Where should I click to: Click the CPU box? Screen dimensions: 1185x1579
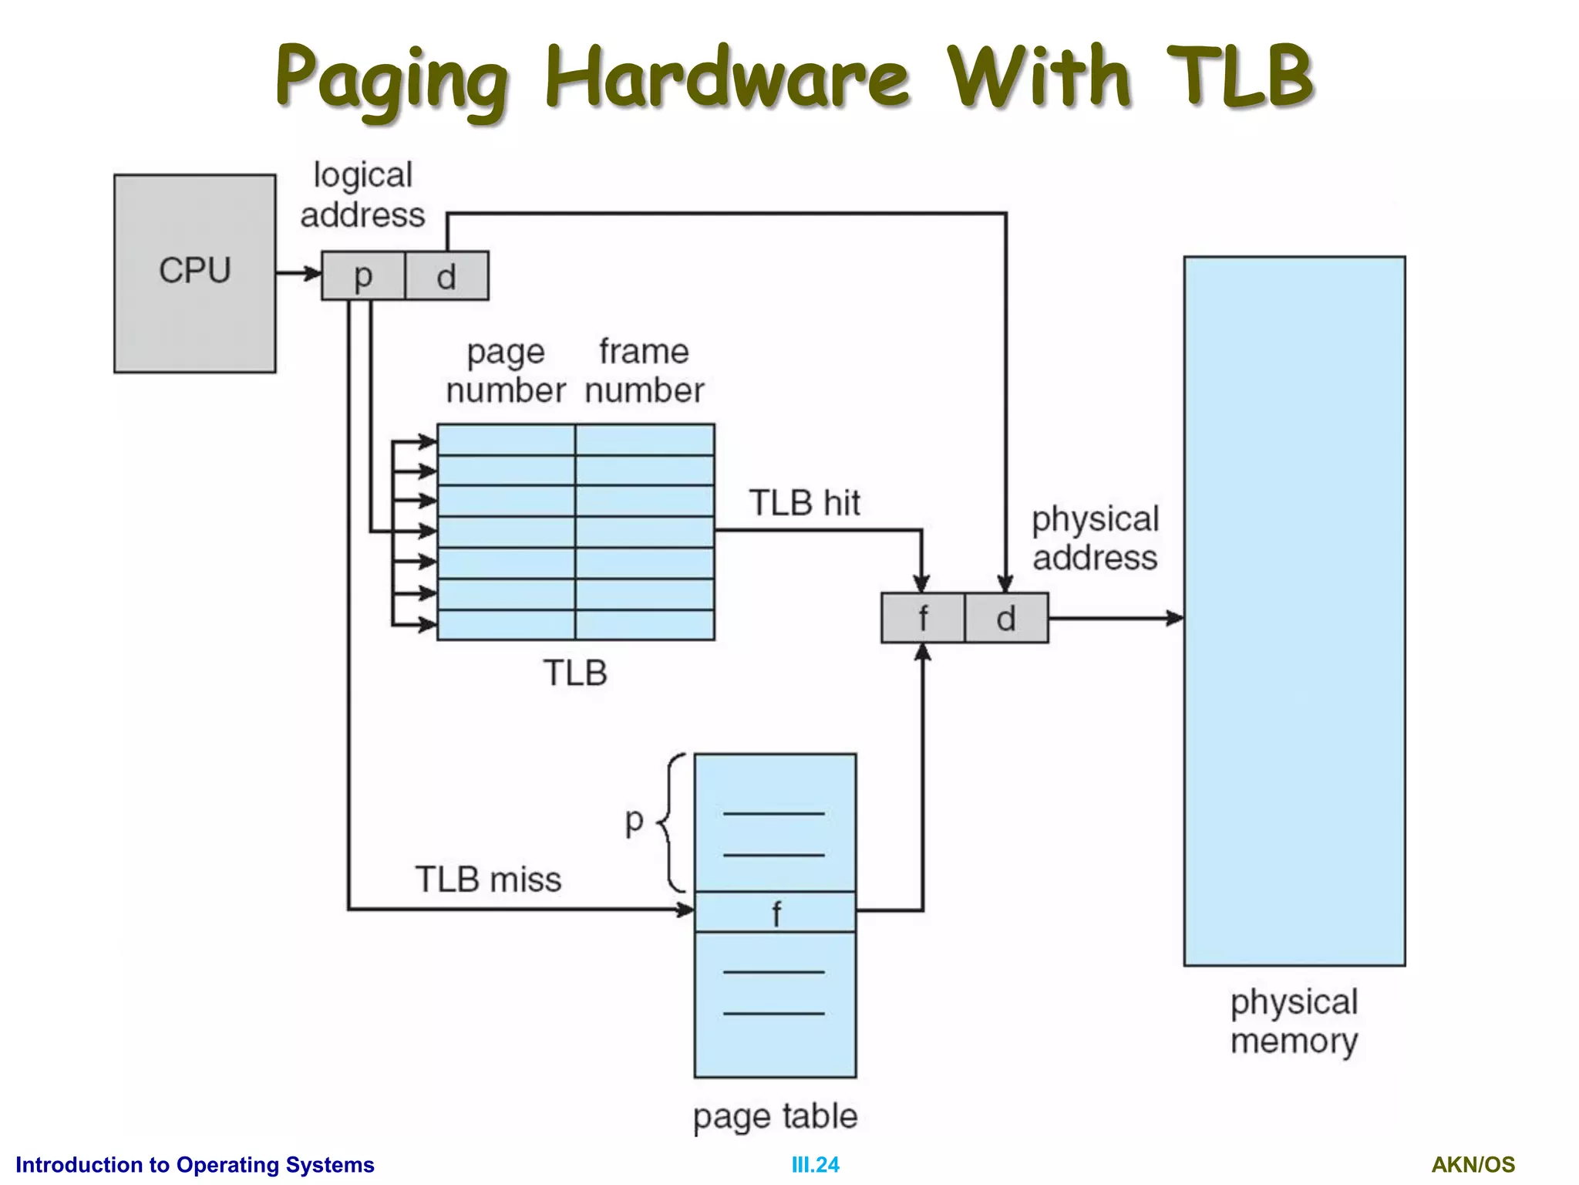(x=194, y=273)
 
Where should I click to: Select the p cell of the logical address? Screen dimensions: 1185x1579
(x=362, y=275)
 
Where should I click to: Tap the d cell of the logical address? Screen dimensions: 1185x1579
(x=446, y=275)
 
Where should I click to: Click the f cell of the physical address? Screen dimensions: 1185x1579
(x=922, y=618)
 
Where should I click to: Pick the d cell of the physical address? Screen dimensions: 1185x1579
(x=1005, y=618)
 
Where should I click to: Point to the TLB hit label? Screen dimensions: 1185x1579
(x=804, y=503)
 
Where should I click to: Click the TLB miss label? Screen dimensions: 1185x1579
(x=488, y=879)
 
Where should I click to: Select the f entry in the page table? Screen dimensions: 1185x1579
(x=775, y=913)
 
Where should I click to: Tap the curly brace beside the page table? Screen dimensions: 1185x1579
(x=672, y=822)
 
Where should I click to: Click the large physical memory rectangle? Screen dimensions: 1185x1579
(x=1294, y=610)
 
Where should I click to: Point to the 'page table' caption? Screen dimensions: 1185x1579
(x=775, y=1116)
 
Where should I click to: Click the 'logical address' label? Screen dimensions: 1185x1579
(x=362, y=195)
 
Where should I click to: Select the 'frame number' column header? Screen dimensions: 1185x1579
(x=644, y=371)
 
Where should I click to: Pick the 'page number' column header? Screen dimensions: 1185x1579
(x=506, y=371)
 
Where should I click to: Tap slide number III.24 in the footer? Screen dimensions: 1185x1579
(x=815, y=1164)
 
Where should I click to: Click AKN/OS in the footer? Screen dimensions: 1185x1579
(x=1473, y=1164)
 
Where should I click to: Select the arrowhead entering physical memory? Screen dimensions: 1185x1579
(x=1175, y=618)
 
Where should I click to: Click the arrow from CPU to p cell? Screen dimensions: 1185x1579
(x=299, y=273)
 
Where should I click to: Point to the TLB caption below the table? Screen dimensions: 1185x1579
(x=575, y=673)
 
